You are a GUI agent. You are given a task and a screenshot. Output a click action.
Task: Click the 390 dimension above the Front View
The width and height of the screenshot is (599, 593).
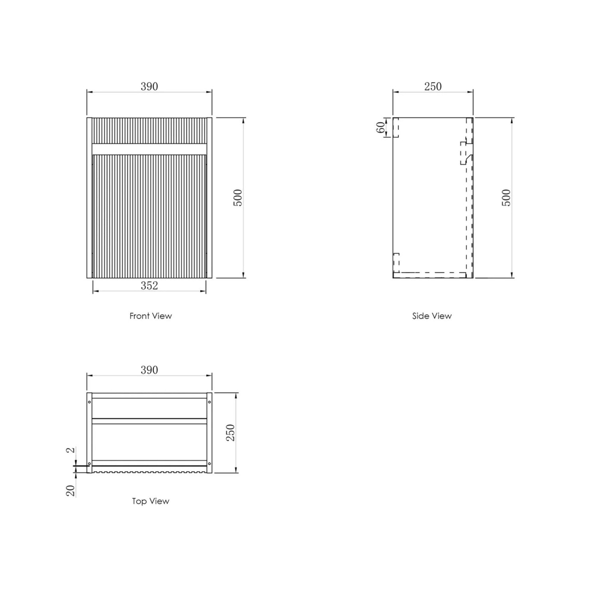click(149, 87)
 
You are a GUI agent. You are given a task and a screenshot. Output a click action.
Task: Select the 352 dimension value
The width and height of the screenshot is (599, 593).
click(149, 286)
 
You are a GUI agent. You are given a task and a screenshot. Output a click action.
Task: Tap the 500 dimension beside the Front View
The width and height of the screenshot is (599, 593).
click(238, 198)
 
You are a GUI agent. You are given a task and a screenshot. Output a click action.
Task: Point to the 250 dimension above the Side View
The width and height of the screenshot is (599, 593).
click(433, 87)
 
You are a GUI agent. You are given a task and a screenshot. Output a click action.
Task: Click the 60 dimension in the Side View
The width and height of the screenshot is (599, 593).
click(381, 127)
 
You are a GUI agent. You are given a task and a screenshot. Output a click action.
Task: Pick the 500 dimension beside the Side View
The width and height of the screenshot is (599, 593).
click(506, 198)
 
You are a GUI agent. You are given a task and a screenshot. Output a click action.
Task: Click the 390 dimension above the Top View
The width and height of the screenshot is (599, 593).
click(149, 370)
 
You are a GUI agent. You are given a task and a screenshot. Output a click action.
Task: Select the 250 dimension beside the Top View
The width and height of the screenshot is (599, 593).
click(230, 432)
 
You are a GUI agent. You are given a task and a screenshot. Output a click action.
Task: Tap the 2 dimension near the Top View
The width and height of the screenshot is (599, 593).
click(71, 450)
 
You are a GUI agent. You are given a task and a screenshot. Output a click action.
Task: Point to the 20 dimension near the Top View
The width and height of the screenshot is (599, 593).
click(71, 490)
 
